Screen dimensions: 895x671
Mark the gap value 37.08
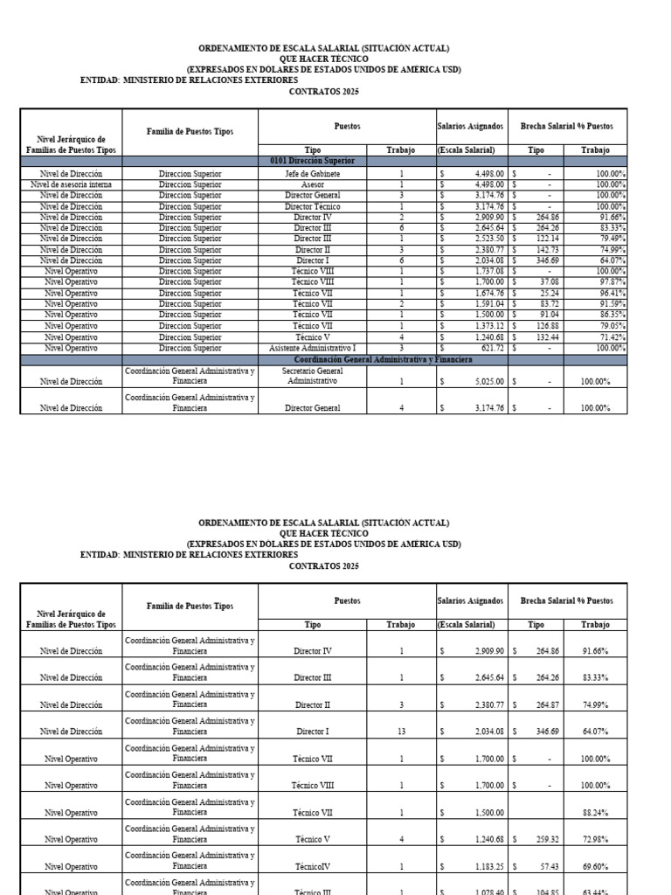click(550, 281)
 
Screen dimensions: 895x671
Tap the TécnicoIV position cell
click(312, 866)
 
